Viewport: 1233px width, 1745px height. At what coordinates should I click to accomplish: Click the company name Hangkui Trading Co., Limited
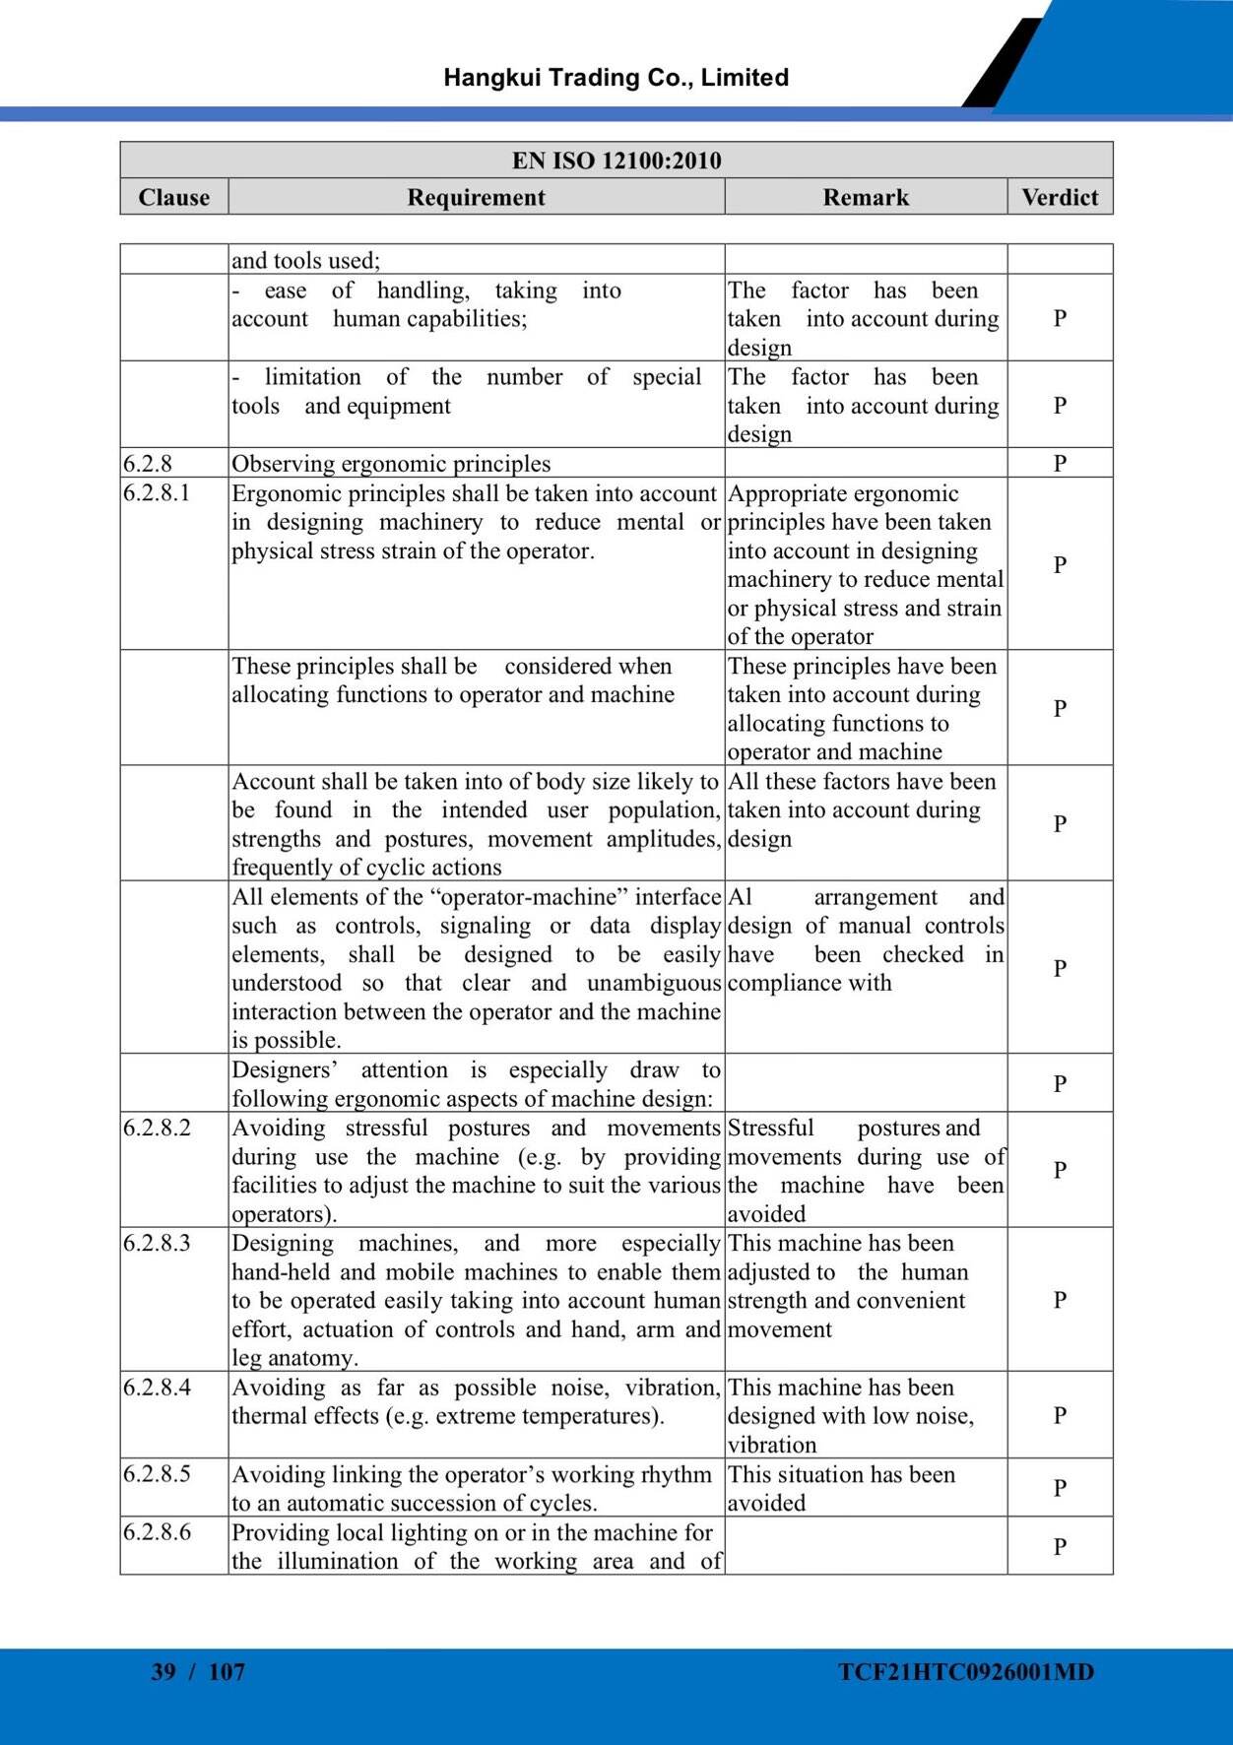click(616, 78)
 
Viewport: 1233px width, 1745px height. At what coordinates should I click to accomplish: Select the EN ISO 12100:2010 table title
click(616, 161)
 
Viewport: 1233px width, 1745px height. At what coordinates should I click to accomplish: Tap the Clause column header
click(174, 197)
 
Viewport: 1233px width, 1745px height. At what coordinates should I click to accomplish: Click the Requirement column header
click(476, 197)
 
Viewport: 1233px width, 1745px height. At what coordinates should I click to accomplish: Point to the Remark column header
click(866, 197)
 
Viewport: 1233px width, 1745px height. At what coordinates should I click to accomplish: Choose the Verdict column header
click(1060, 197)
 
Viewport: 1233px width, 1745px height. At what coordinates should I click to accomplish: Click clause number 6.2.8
click(148, 463)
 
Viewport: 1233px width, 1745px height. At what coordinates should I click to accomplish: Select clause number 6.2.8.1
click(157, 492)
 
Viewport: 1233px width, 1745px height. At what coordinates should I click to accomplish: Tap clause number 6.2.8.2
click(158, 1128)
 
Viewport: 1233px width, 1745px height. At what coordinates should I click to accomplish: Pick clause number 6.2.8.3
click(158, 1243)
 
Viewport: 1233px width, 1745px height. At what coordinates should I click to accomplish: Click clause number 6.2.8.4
click(158, 1387)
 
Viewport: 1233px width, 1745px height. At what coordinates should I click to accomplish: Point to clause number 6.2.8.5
click(158, 1474)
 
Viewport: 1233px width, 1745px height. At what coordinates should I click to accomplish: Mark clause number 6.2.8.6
click(158, 1532)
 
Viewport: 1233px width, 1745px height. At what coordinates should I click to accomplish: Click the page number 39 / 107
click(198, 1671)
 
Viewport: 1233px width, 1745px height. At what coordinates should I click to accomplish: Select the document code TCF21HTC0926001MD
click(966, 1671)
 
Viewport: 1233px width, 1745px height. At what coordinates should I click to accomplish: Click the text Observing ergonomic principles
click(391, 463)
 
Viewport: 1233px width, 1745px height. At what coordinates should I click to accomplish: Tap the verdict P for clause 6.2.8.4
click(1060, 1415)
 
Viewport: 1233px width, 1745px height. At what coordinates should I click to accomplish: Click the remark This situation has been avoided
click(841, 1488)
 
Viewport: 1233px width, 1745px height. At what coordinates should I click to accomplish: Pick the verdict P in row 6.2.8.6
click(1060, 1546)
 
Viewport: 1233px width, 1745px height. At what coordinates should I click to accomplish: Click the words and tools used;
click(305, 260)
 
